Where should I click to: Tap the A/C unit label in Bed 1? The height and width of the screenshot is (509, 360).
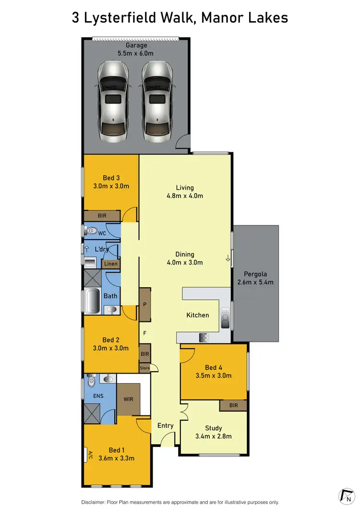point(89,455)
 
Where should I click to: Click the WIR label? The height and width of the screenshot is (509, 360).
point(128,399)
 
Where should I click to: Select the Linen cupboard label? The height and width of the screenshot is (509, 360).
point(110,264)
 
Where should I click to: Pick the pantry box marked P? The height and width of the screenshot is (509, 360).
point(145,304)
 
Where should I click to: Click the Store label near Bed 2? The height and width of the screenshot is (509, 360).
point(144,368)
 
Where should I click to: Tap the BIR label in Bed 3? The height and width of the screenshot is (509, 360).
point(102,216)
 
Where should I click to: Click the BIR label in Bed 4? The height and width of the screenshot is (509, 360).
point(233,406)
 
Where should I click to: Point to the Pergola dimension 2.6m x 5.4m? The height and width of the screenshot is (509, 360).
point(255,282)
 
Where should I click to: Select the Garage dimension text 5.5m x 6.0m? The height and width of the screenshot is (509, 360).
point(137,54)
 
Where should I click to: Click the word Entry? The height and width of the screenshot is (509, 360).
point(166,425)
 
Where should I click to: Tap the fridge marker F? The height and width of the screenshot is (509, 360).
point(144,332)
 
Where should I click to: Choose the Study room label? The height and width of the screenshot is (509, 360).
point(214,428)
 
